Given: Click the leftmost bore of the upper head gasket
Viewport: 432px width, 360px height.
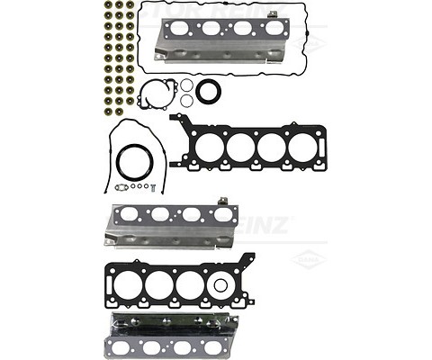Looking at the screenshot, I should pyautogui.click(x=210, y=146).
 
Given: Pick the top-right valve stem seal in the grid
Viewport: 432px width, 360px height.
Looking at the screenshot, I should pyautogui.click(x=130, y=5).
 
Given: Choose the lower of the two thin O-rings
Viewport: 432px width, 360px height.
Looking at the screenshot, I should pyautogui.click(x=186, y=100).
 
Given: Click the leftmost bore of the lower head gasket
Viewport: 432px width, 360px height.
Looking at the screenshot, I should pyautogui.click(x=130, y=283).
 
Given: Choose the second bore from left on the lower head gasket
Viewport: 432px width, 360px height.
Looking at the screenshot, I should pyautogui.click(x=160, y=283).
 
